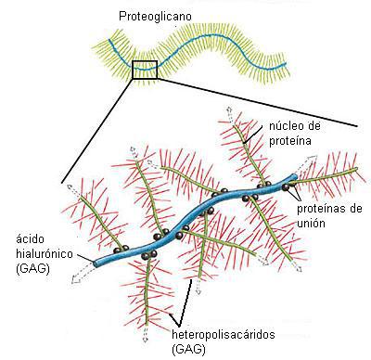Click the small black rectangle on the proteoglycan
click(146, 70)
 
